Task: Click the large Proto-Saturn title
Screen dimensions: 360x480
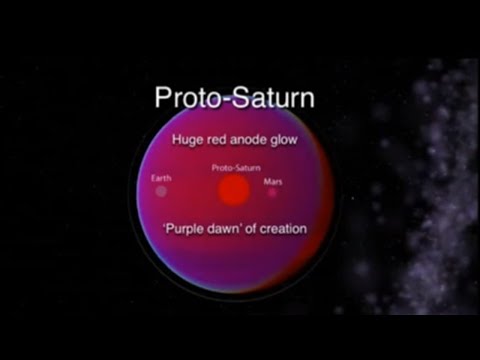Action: click(x=233, y=98)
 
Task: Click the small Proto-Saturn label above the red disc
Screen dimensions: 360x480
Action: click(x=234, y=169)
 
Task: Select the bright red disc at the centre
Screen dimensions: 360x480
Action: click(x=233, y=190)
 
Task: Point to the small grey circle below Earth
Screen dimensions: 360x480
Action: click(x=161, y=190)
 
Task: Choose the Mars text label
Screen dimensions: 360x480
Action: click(x=273, y=182)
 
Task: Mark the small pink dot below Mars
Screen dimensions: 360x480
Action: click(x=272, y=193)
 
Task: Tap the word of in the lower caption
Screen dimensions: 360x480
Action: click(x=257, y=229)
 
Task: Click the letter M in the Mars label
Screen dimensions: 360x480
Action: click(x=267, y=182)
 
